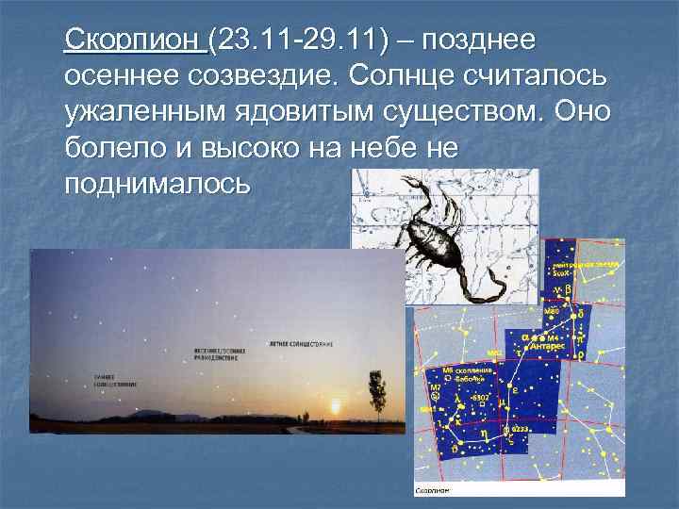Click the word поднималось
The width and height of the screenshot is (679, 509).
[x=158, y=182]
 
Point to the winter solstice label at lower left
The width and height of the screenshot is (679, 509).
[x=115, y=381]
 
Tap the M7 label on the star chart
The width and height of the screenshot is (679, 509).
[x=436, y=386]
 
